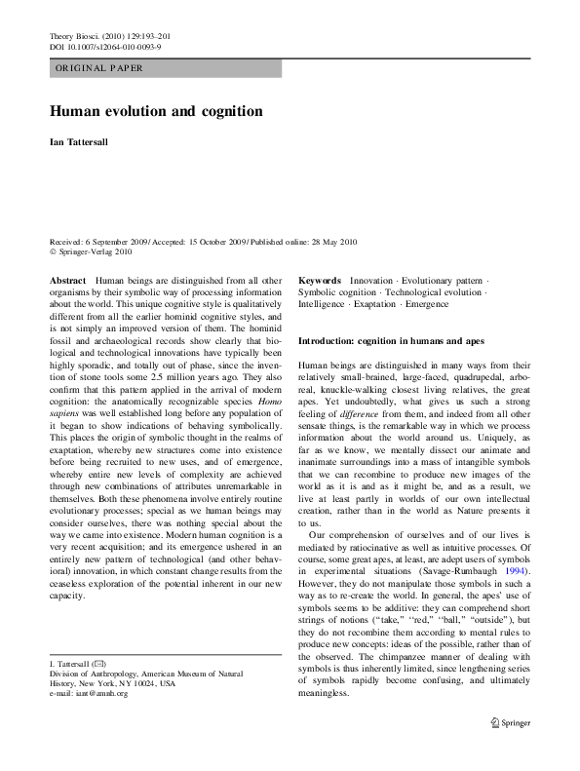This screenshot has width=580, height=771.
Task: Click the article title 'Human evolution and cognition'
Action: pyautogui.click(x=156, y=111)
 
